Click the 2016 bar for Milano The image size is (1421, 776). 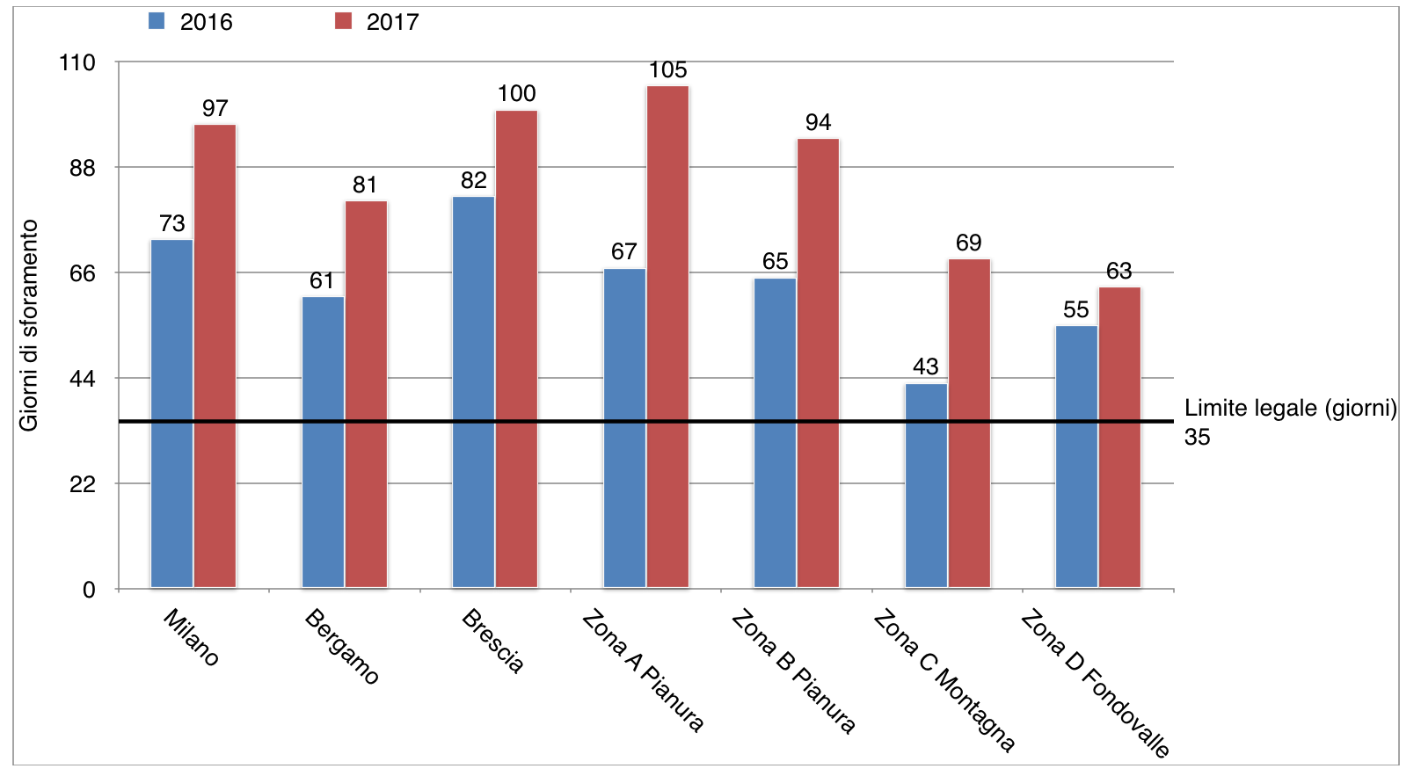[x=171, y=413]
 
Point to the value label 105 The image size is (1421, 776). [x=667, y=70]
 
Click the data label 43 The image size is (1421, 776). [x=925, y=366]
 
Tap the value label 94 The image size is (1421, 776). [x=818, y=123]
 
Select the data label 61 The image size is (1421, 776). [x=322, y=280]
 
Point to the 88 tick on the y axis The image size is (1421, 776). [x=83, y=168]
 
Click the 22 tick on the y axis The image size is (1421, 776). [x=83, y=484]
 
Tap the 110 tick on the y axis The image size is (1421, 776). [x=77, y=62]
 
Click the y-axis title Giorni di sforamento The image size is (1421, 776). [x=29, y=325]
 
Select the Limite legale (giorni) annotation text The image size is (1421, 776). [x=1290, y=409]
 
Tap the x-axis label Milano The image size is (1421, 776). [x=191, y=638]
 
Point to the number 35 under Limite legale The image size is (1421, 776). [x=1197, y=438]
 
